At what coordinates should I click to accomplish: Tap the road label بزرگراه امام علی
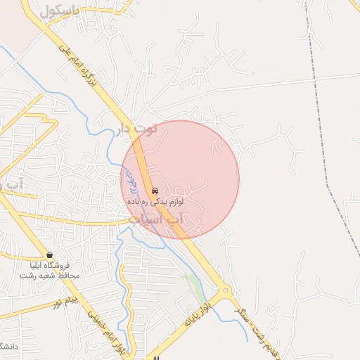[86, 72]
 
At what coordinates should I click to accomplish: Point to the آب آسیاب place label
[158, 220]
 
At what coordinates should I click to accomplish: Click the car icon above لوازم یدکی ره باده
[155, 191]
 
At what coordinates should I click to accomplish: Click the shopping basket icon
[49, 254]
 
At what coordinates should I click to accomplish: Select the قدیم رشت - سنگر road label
[257, 331]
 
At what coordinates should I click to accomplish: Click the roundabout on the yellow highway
[225, 290]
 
